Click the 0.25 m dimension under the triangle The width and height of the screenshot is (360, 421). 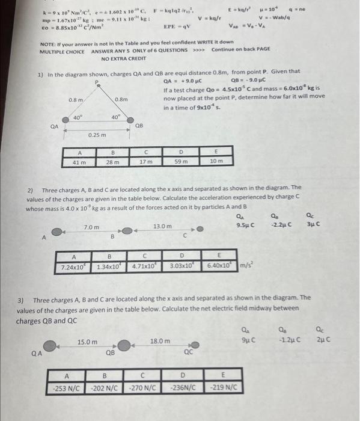(96, 135)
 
